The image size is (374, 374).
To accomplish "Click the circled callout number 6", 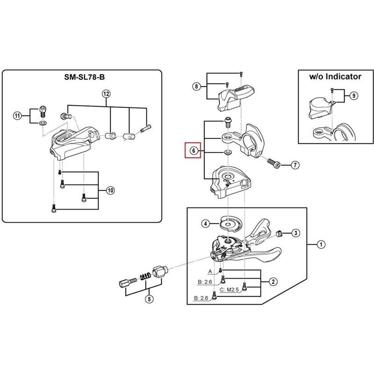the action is [194, 151].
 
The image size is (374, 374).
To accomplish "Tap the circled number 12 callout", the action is [107, 94].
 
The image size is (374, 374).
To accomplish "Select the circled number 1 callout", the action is [321, 244].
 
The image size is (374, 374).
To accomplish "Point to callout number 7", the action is [295, 165].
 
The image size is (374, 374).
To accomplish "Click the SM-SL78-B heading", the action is [85, 77].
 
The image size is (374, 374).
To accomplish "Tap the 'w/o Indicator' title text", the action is [335, 77].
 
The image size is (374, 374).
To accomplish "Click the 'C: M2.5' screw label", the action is [229, 289].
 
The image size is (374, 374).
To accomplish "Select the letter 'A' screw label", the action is [210, 272].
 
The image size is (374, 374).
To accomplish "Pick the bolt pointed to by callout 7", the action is [274, 163].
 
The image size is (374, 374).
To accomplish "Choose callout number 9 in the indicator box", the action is [354, 96].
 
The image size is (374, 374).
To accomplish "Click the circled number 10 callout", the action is [110, 190].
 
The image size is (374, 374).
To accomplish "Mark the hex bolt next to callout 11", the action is [43, 111].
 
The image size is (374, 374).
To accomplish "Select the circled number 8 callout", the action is [196, 86].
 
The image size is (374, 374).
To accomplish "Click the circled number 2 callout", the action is [273, 282].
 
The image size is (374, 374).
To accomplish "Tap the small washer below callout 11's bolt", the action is [43, 123].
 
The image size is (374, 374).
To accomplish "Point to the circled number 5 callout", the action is [149, 299].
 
